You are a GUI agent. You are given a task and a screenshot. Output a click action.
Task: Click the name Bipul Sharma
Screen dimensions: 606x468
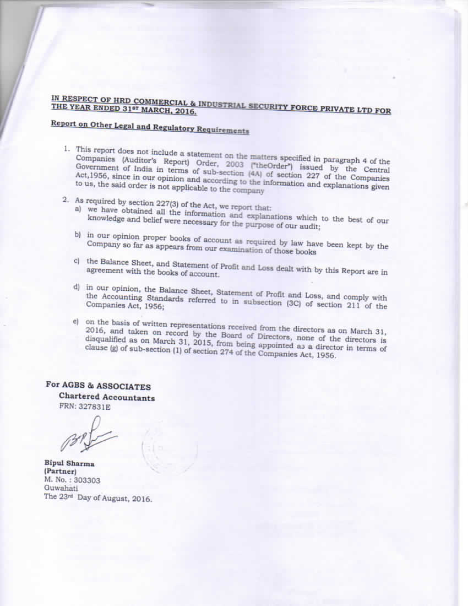tap(69, 463)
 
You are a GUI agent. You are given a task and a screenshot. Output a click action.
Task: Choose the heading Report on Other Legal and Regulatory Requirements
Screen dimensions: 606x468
tap(150, 127)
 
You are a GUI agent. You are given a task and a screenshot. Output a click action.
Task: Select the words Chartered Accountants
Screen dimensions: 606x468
tap(107, 397)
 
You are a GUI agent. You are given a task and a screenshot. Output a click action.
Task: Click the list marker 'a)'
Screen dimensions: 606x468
tap(78, 210)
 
